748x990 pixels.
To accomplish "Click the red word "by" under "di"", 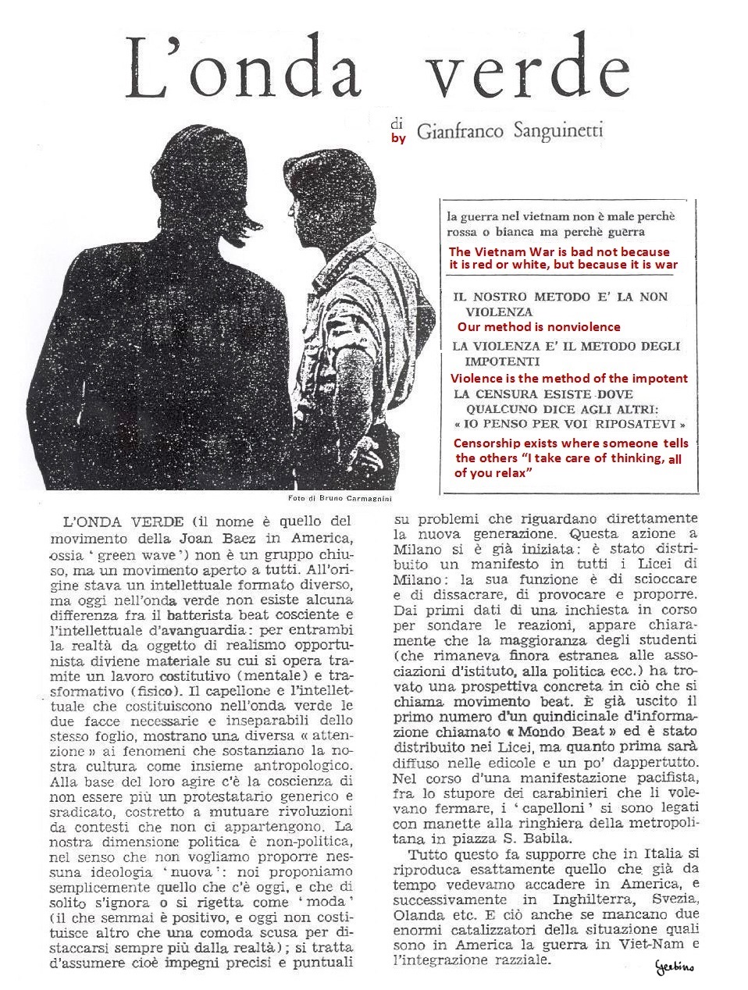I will (x=398, y=139).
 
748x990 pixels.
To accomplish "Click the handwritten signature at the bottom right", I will (x=675, y=967).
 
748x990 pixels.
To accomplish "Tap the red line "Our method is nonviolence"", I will (x=539, y=327).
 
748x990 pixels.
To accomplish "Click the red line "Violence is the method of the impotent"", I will (x=569, y=378).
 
